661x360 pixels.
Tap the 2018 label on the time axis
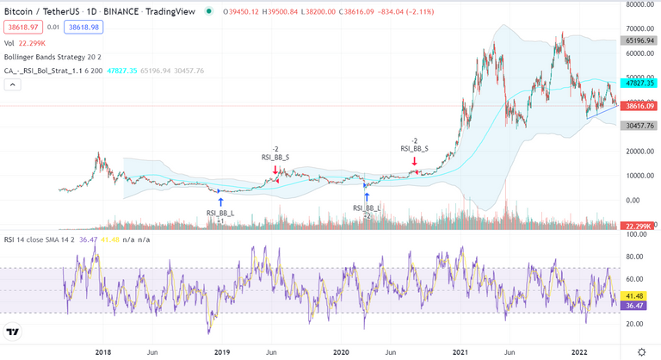point(102,352)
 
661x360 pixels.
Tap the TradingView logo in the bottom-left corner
point(13,332)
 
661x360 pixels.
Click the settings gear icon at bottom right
point(641,351)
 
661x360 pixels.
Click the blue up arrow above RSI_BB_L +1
point(220,202)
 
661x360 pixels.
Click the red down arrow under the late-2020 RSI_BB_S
point(415,161)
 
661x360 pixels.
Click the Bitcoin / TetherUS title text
point(39,12)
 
